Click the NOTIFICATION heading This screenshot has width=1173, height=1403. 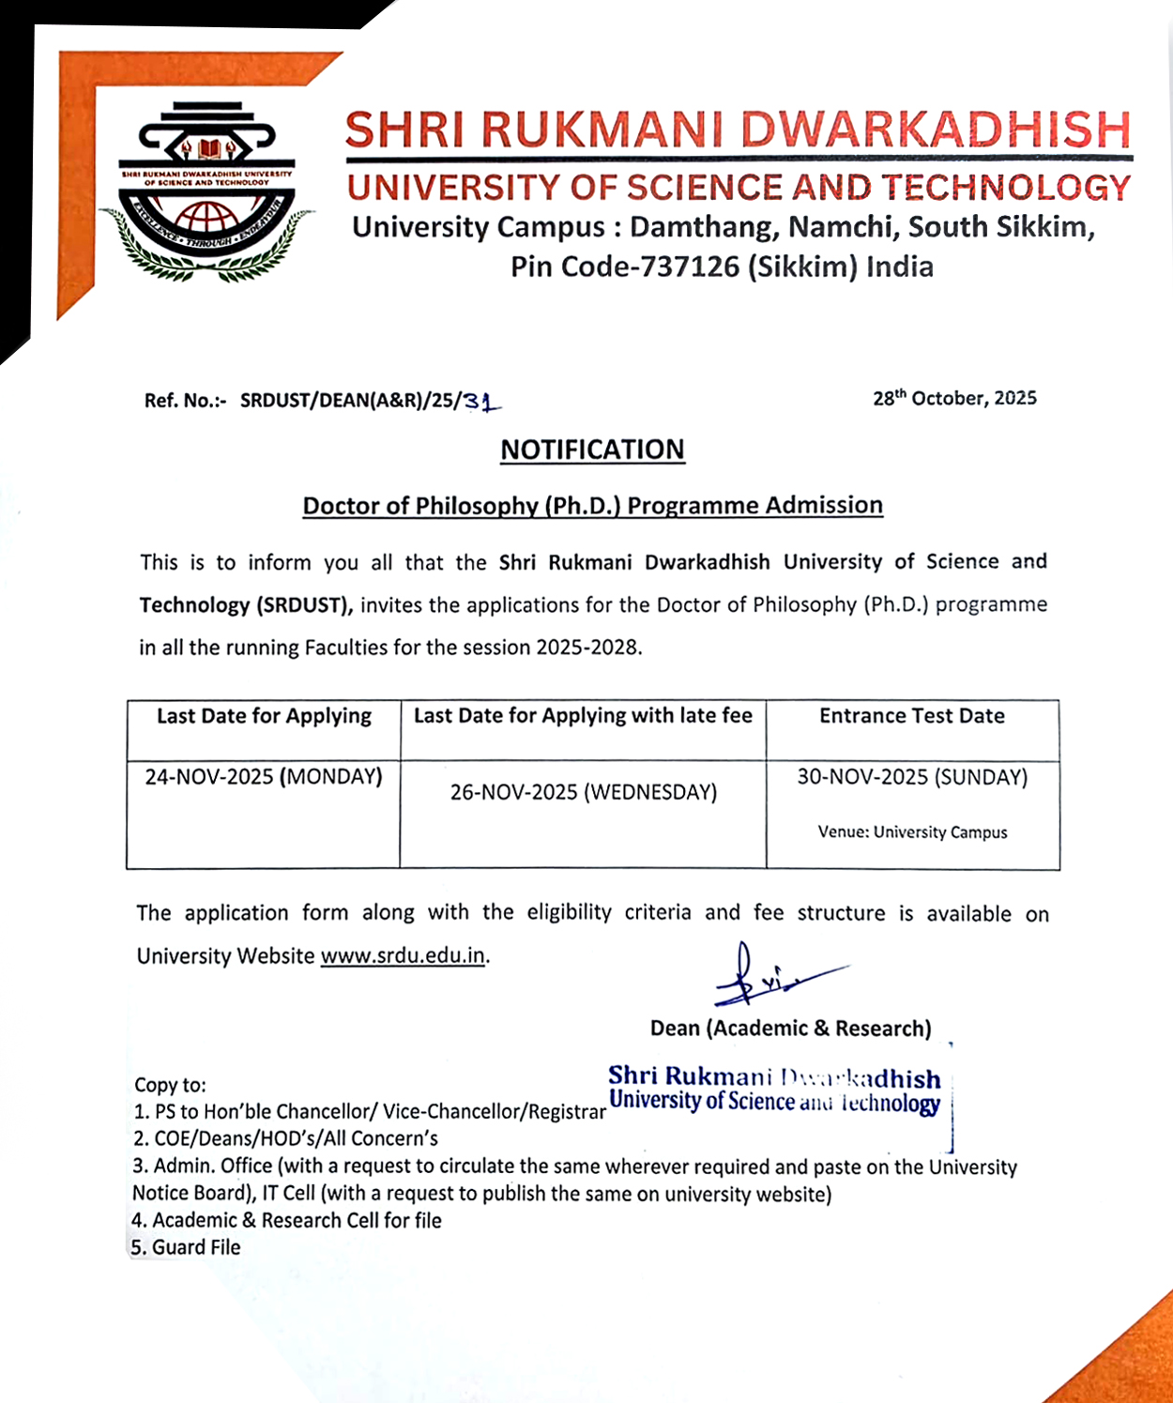592,450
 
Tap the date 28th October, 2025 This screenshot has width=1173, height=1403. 954,399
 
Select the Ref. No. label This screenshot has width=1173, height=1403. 185,401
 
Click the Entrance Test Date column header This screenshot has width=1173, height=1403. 911,716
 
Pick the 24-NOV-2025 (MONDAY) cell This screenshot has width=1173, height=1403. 264,777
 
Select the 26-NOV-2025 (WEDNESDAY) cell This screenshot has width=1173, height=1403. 583,792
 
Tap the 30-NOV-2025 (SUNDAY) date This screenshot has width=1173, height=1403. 912,777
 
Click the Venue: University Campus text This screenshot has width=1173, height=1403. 912,832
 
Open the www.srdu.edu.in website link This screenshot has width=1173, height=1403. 403,956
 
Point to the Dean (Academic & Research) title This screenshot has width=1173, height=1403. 790,1029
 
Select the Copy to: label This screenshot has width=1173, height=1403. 170,1085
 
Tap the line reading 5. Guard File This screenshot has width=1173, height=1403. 186,1248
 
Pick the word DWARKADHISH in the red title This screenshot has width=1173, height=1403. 936,130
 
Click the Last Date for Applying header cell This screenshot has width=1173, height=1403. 264,716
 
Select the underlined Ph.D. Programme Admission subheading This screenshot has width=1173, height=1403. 592,506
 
